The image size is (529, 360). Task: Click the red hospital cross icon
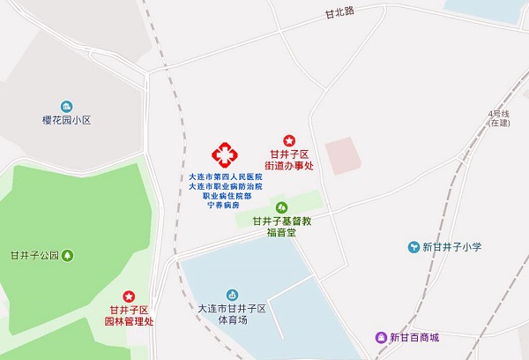pyautogui.click(x=224, y=155)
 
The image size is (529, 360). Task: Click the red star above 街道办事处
pyautogui.click(x=289, y=140)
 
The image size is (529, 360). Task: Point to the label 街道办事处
pyautogui.click(x=289, y=165)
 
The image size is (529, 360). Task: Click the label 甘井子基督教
pyautogui.click(x=282, y=221)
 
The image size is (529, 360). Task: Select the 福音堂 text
pyautogui.click(x=283, y=234)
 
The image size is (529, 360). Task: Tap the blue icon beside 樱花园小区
pyautogui.click(x=64, y=105)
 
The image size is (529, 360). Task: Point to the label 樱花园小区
pyautogui.click(x=67, y=119)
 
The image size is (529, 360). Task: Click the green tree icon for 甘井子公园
pyautogui.click(x=68, y=256)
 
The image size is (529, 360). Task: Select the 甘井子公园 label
pyautogui.click(x=34, y=256)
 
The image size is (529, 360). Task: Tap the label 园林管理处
pyautogui.click(x=130, y=321)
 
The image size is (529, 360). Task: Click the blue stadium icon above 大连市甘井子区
pyautogui.click(x=232, y=293)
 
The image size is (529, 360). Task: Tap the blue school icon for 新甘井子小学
pyautogui.click(x=412, y=246)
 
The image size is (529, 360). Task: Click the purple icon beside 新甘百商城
pyautogui.click(x=381, y=337)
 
